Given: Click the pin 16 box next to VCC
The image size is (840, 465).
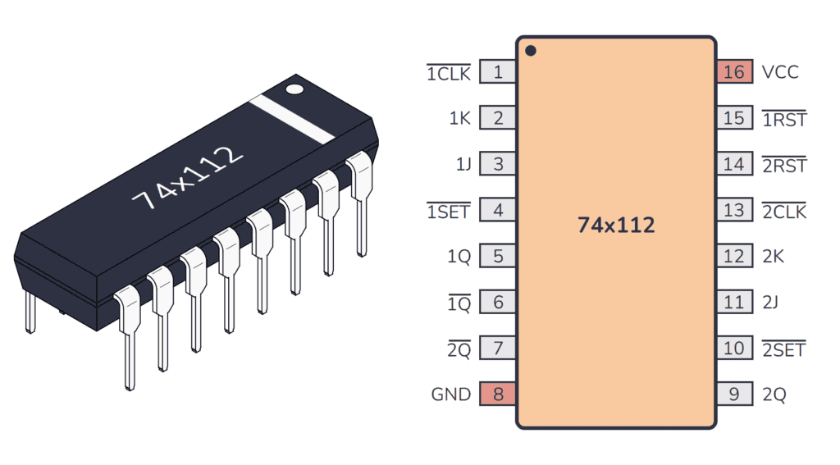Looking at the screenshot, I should (x=733, y=72).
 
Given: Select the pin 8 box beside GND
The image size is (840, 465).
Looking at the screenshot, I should (x=498, y=394).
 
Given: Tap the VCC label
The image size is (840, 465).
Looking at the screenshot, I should (x=779, y=72).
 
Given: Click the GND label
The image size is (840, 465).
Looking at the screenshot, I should (x=451, y=394).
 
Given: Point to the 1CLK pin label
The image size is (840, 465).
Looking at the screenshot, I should (x=449, y=74).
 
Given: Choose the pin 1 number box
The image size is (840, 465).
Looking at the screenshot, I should (x=498, y=72).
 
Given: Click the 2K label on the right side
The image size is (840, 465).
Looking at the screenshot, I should (x=773, y=257).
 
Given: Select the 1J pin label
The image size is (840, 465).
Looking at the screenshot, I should (x=463, y=165).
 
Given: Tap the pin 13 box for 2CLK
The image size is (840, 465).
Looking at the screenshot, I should (x=733, y=211).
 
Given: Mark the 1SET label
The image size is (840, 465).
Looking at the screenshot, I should (x=449, y=212).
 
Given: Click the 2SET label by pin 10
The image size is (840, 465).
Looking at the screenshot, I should (x=783, y=349).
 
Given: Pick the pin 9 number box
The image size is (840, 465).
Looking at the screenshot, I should (x=733, y=394).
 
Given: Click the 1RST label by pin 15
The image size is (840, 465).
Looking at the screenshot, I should (x=784, y=120).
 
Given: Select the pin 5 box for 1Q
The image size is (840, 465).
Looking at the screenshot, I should (x=498, y=257).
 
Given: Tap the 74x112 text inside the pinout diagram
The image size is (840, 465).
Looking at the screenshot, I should (x=616, y=225).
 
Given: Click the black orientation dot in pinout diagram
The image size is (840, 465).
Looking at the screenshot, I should (x=531, y=51).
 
